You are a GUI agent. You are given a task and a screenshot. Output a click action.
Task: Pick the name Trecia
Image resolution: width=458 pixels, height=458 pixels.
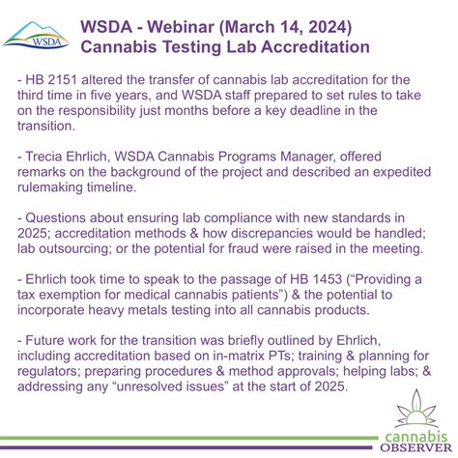pos(58,161)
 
